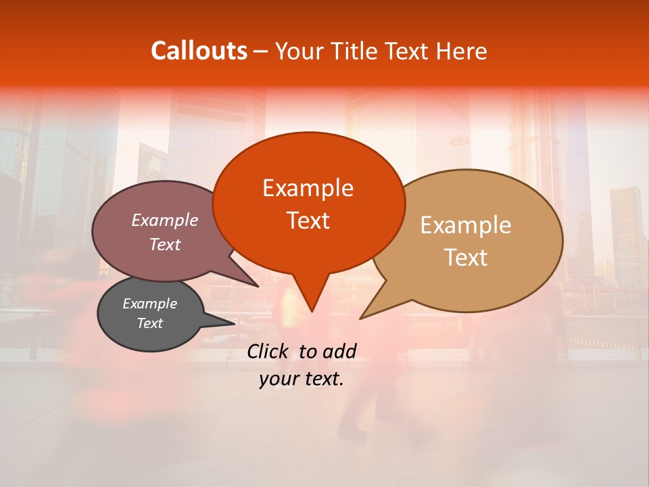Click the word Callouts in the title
199,51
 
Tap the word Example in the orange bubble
308,188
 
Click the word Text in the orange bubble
308,221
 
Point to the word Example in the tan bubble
466,225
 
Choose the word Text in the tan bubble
466,258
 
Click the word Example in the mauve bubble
165,220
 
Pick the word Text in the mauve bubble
165,244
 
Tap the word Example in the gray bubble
149,304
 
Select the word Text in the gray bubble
149,323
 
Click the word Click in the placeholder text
269,351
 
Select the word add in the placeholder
339,351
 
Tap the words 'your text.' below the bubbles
302,379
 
